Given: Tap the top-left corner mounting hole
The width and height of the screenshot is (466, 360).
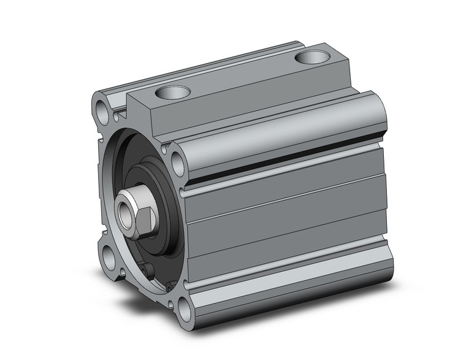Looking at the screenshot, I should pos(102,112).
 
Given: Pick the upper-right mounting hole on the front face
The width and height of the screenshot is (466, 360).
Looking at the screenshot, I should pos(178,164).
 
